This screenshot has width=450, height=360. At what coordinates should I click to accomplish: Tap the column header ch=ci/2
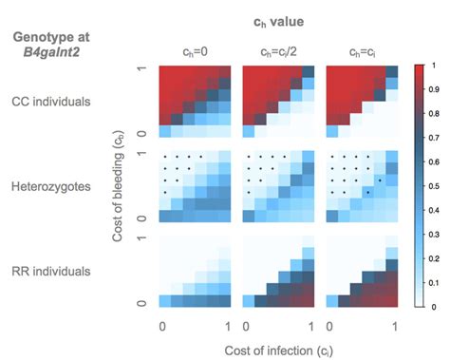pyautogui.click(x=275, y=51)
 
